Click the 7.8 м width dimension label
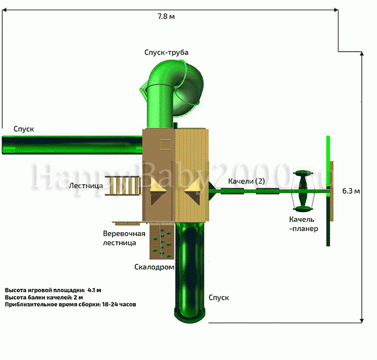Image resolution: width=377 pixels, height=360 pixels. tap(166, 16)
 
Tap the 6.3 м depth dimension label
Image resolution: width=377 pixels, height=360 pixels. tap(351, 191)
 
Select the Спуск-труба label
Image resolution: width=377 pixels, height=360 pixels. tap(166, 52)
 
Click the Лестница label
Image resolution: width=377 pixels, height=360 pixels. tap(86, 185)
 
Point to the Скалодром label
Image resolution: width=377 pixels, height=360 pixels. tap(154, 267)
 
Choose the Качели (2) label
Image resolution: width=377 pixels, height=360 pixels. tap(247, 181)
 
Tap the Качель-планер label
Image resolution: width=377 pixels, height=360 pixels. tap(304, 224)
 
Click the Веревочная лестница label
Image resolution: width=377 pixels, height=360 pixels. tap(124, 238)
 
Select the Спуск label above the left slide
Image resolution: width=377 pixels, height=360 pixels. tap(23, 129)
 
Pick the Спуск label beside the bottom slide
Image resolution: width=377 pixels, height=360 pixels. tap(218, 297)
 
